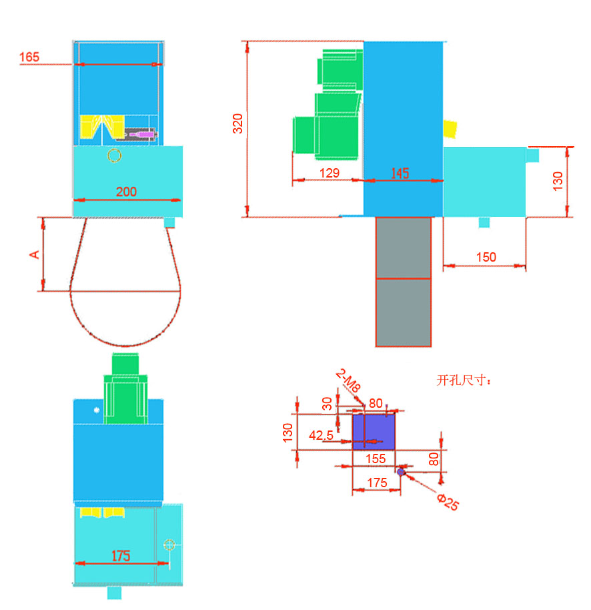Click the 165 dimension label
29,57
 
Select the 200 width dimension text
126,192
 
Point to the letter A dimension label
35,255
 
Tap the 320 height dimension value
237,123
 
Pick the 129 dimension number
330,173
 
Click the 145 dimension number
400,173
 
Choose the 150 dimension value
486,257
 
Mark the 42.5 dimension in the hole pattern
321,435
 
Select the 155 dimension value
376,459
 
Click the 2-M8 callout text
348,380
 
